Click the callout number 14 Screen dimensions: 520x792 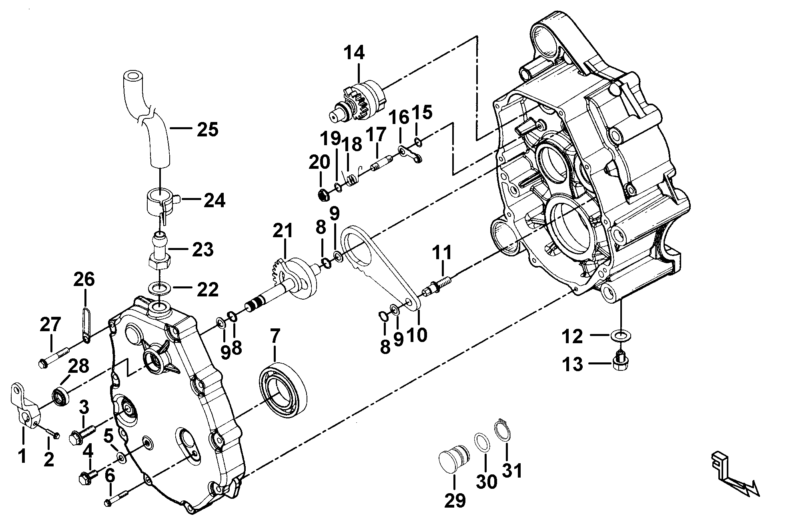pos(354,53)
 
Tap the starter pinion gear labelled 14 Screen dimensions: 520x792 pos(358,102)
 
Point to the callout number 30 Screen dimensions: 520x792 pos(486,482)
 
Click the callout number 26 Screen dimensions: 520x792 pos(84,279)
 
